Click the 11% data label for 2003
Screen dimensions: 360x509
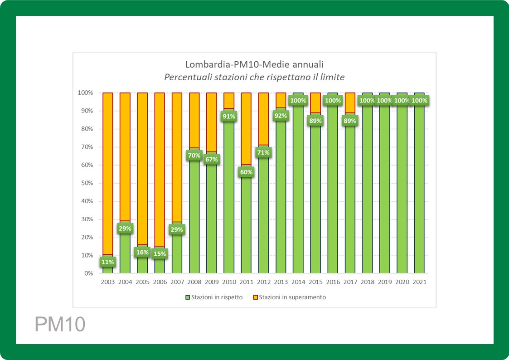coord(108,262)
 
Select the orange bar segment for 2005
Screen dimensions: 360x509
coord(142,168)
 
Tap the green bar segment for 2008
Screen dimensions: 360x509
coord(194,218)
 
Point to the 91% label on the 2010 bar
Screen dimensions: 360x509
coord(228,117)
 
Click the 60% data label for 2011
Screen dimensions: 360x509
coord(246,172)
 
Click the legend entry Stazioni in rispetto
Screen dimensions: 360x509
coord(213,297)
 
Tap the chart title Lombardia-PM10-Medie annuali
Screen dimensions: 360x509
coord(254,64)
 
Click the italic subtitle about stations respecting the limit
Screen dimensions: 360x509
coord(254,77)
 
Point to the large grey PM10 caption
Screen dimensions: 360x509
coord(60,325)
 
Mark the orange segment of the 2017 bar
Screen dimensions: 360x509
coord(350,102)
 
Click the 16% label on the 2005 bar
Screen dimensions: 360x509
coord(142,253)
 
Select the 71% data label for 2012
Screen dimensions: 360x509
coord(263,153)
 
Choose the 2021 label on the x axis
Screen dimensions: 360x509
coord(419,282)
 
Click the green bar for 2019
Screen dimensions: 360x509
coord(384,190)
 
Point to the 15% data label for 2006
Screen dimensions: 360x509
coord(160,254)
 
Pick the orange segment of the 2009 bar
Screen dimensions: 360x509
coord(212,122)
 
